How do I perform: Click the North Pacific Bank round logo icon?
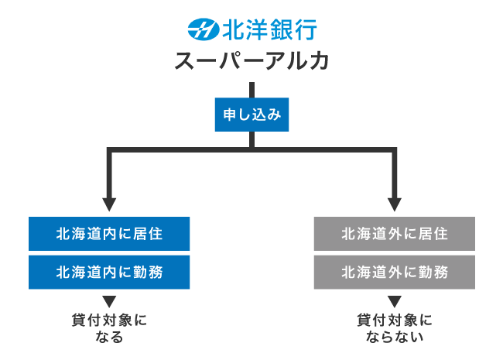pyautogui.click(x=204, y=30)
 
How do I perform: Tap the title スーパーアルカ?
pyautogui.click(x=252, y=63)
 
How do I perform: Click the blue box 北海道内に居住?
pyautogui.click(x=109, y=233)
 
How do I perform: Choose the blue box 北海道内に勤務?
pyautogui.click(x=109, y=273)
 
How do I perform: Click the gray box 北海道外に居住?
pyautogui.click(x=395, y=233)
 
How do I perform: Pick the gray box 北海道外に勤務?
pyautogui.click(x=395, y=273)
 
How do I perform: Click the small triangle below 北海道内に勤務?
pyautogui.click(x=109, y=301)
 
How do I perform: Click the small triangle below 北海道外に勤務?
pyautogui.click(x=395, y=301)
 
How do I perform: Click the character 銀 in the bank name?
pyautogui.click(x=281, y=30)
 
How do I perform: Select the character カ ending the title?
pyautogui.click(x=318, y=63)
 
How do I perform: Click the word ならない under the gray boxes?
pyautogui.click(x=395, y=338)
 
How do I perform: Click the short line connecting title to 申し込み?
pyautogui.click(x=251, y=89)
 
